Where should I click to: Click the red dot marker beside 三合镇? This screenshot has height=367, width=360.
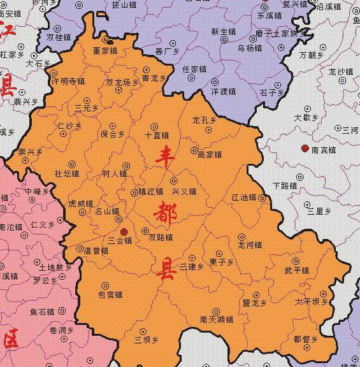(x=124, y=231)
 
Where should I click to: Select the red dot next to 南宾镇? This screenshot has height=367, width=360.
(x=305, y=148)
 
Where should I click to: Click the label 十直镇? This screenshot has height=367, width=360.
(x=157, y=135)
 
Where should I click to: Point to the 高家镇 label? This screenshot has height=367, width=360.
(x=210, y=154)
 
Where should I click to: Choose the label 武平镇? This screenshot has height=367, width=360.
(x=297, y=270)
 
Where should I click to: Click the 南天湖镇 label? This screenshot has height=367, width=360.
(x=217, y=319)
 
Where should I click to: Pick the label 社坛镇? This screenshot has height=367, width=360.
(x=67, y=173)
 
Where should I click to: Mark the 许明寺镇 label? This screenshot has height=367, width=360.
(x=68, y=82)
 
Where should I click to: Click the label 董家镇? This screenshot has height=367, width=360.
(x=104, y=50)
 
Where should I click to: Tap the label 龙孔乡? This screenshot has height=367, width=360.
(x=204, y=120)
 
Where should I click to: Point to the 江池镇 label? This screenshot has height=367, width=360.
(x=243, y=198)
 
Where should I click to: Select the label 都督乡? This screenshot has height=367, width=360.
(x=305, y=339)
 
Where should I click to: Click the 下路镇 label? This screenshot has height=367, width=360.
(x=285, y=185)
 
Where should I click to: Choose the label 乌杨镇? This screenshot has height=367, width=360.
(x=250, y=48)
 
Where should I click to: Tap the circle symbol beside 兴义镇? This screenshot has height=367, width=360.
(x=173, y=180)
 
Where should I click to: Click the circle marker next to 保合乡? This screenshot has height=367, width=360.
(x=113, y=126)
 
